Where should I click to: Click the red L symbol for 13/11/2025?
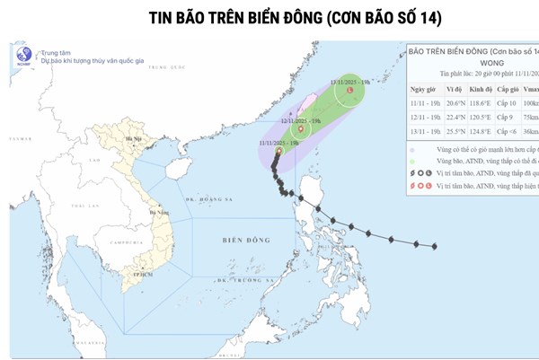point(350,90)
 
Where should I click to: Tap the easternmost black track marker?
point(434,246)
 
